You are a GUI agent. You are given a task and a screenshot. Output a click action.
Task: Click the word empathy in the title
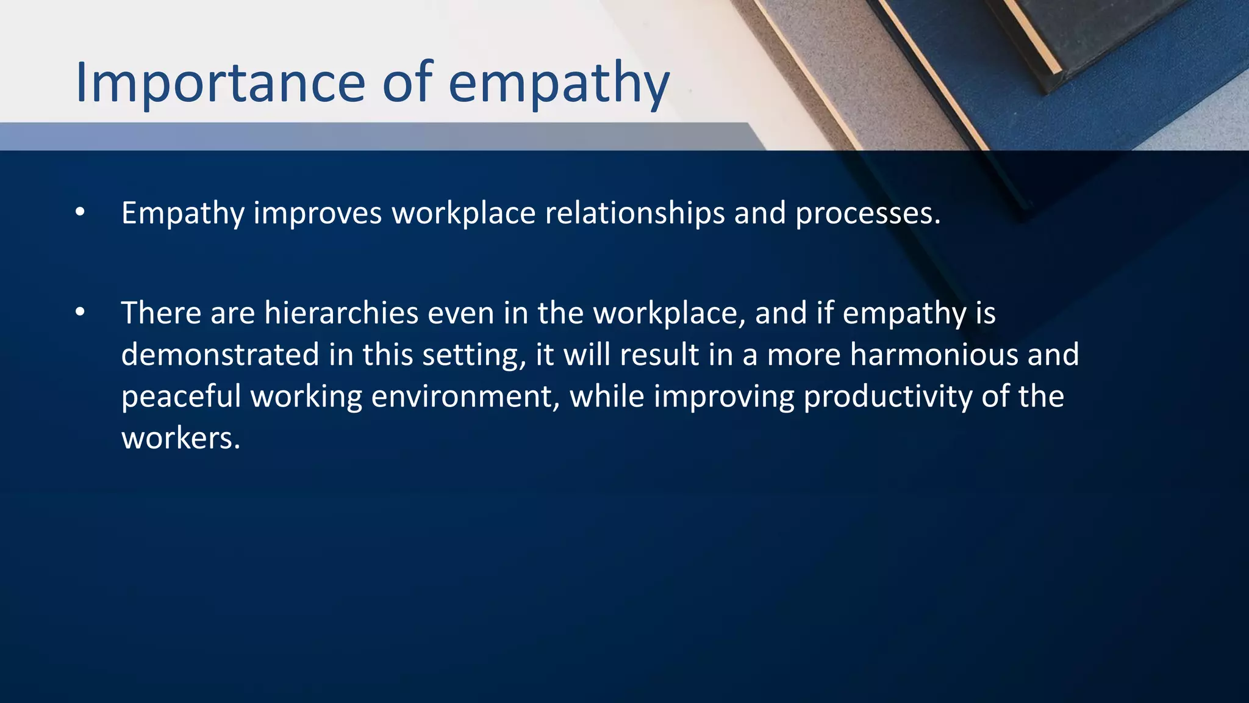click(x=559, y=84)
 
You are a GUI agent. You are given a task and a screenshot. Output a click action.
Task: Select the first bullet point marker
click(x=80, y=212)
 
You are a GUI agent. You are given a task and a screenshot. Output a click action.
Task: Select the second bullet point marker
click(x=80, y=312)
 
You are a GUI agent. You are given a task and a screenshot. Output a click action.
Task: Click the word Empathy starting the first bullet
click(x=182, y=214)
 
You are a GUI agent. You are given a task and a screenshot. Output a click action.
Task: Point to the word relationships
click(x=634, y=214)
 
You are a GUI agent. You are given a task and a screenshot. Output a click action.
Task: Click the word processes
click(x=867, y=214)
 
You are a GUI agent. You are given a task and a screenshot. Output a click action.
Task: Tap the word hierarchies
click(x=341, y=313)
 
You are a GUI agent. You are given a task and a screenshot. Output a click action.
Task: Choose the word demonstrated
click(x=220, y=355)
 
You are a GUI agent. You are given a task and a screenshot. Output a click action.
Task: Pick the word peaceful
click(x=181, y=397)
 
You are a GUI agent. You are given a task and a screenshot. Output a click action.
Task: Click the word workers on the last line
click(x=181, y=438)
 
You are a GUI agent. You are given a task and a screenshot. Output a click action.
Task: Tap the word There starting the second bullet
click(x=161, y=313)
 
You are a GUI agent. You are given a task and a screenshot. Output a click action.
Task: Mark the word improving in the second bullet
click(x=724, y=397)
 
